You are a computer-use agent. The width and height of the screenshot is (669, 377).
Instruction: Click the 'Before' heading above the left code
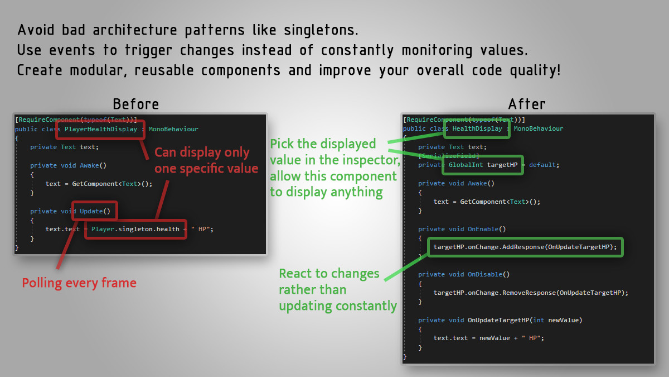(x=136, y=104)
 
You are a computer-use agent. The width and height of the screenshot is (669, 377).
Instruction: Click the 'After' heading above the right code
(x=527, y=104)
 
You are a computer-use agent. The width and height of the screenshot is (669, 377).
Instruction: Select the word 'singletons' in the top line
(x=321, y=31)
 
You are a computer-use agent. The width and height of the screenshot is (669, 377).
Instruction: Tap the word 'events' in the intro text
(x=72, y=50)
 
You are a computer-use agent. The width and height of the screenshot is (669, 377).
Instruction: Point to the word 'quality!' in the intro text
(x=535, y=70)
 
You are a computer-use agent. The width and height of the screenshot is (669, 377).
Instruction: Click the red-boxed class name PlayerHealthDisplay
(x=101, y=129)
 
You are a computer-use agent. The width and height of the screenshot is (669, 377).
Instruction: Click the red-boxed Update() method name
(x=95, y=211)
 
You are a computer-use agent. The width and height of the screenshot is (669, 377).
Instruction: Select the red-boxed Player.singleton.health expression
(x=135, y=229)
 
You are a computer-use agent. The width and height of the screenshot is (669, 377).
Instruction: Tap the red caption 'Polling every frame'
(x=79, y=283)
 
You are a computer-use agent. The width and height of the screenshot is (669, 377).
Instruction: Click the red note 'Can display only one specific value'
(x=206, y=160)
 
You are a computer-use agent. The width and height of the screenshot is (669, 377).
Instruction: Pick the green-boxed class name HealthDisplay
(x=477, y=128)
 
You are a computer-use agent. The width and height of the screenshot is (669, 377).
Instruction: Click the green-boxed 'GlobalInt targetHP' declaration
(x=483, y=165)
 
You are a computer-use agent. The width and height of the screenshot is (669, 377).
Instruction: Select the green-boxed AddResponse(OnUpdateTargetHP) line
(x=525, y=247)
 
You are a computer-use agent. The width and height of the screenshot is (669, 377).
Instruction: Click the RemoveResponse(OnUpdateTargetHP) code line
(x=531, y=293)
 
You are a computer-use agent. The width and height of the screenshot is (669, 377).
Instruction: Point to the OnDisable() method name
(x=488, y=274)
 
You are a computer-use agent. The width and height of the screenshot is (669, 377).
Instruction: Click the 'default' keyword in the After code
(x=542, y=165)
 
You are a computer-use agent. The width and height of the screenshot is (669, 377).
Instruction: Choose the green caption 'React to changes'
(x=329, y=274)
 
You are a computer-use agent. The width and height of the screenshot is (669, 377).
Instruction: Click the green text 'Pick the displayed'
(x=323, y=144)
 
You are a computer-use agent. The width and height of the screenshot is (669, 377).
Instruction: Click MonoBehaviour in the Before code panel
(x=173, y=129)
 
